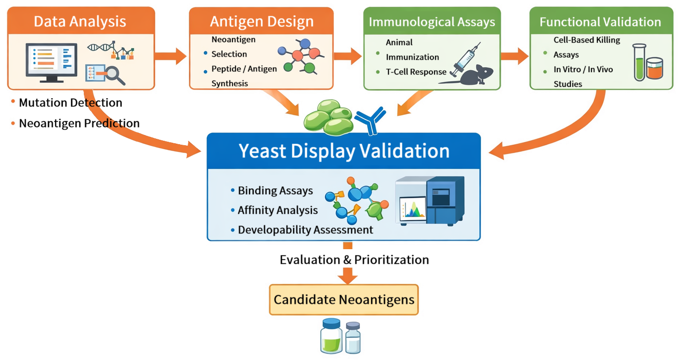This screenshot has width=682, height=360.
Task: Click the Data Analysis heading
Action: click(x=80, y=22)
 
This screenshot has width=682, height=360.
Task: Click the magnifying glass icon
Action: click(x=116, y=75)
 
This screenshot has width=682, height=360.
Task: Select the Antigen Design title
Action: click(x=261, y=22)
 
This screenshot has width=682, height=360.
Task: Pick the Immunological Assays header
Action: click(x=431, y=22)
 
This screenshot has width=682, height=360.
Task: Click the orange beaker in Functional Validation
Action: click(x=655, y=69)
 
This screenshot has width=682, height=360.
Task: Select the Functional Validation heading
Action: click(x=600, y=22)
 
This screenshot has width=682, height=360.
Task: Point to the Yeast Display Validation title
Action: click(x=344, y=151)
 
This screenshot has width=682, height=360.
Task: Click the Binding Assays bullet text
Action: click(x=275, y=191)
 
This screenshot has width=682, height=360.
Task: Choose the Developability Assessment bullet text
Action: click(x=305, y=230)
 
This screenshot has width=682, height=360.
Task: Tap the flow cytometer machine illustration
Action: click(x=431, y=200)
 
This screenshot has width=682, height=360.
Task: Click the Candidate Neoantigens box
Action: click(x=344, y=300)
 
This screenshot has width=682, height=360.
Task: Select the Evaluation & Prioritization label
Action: click(x=354, y=259)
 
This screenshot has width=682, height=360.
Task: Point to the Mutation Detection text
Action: click(x=70, y=103)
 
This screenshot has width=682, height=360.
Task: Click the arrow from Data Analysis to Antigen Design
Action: click(x=171, y=56)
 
